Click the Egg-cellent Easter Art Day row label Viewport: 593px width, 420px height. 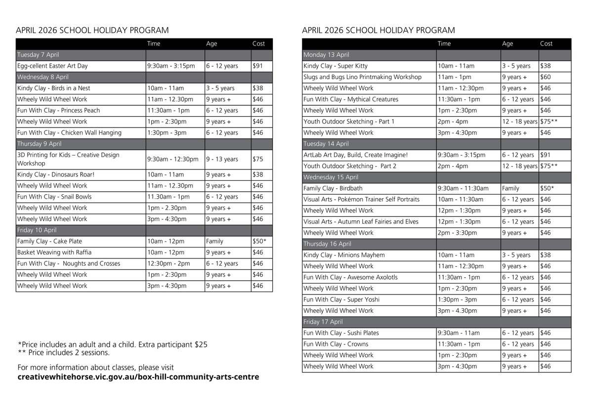coord(52,66)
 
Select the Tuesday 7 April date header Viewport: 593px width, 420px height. coord(38,55)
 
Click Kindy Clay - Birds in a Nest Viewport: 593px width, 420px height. coord(53,88)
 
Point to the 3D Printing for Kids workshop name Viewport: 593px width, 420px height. coord(68,159)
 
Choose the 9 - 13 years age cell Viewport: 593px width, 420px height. coord(222,159)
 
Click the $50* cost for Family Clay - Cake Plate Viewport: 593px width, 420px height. coord(259,241)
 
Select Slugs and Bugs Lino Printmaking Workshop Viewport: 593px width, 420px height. coord(362,77)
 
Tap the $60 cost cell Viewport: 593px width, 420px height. coord(546,77)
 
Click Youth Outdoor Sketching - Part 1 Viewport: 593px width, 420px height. coord(349,122)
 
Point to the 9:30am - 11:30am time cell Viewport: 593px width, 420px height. coord(463,188)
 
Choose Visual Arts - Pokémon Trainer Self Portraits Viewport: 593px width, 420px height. coord(361,200)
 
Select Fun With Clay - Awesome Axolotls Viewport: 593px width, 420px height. coord(350,277)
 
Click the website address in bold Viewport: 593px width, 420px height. coord(138,377)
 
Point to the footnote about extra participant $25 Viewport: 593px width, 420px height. coord(112,344)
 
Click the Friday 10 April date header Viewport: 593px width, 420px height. coord(37,230)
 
